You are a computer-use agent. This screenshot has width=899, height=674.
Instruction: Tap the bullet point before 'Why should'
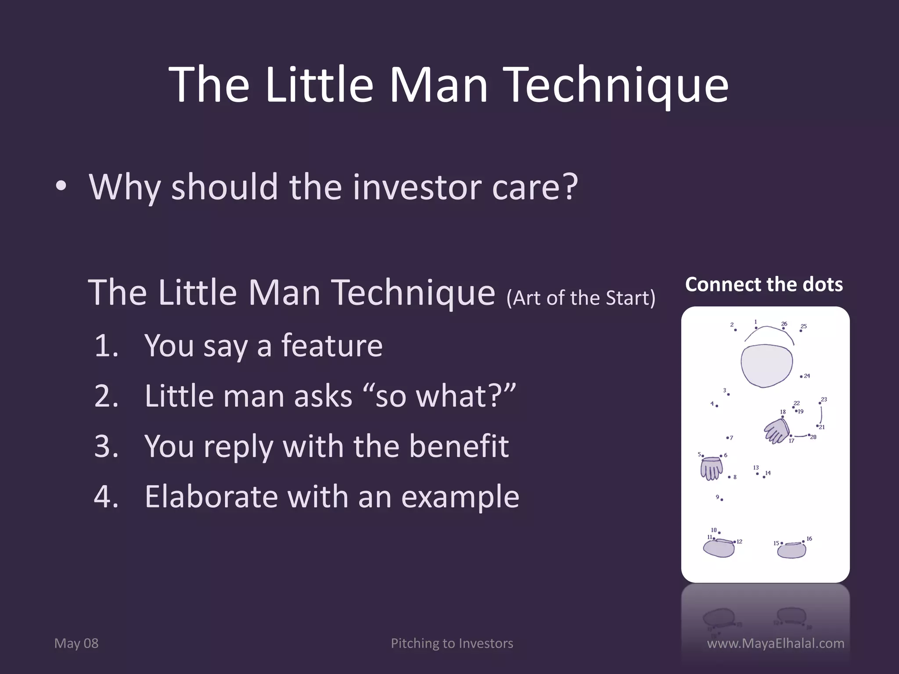pyautogui.click(x=61, y=186)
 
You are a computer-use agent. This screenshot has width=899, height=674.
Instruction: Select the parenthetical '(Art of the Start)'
pyautogui.click(x=580, y=298)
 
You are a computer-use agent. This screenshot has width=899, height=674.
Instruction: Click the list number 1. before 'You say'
pyautogui.click(x=107, y=346)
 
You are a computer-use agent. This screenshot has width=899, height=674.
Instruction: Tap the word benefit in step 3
pyautogui.click(x=458, y=446)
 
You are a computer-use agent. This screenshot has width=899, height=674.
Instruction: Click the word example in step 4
pyautogui.click(x=460, y=497)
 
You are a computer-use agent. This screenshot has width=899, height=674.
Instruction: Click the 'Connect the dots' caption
pyautogui.click(x=764, y=284)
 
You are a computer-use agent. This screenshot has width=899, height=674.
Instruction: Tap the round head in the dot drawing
pyautogui.click(x=766, y=365)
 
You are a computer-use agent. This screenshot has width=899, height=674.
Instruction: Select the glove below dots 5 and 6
pyautogui.click(x=711, y=469)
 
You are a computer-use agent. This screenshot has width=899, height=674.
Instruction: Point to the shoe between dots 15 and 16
pyautogui.click(x=791, y=550)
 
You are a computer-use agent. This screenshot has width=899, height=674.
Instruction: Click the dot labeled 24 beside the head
pyautogui.click(x=801, y=376)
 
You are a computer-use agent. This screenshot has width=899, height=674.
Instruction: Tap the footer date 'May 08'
pyautogui.click(x=76, y=643)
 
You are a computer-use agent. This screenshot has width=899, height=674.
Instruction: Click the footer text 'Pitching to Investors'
pyautogui.click(x=452, y=643)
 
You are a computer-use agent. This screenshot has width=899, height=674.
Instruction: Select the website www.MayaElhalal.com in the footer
pyautogui.click(x=776, y=643)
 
